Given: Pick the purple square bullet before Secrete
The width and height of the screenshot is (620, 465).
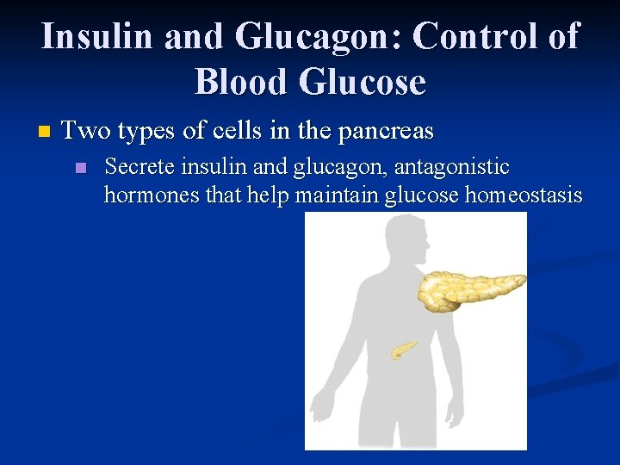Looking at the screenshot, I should [81, 168].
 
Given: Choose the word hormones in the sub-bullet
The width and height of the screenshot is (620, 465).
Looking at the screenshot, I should [152, 195].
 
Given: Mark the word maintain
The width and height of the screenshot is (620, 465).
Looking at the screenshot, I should [337, 195].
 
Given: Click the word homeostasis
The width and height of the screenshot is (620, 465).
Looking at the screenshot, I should [523, 195].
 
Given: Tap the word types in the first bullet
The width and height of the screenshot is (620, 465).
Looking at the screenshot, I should [146, 132].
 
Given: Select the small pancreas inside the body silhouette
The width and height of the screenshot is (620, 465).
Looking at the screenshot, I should [403, 349].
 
